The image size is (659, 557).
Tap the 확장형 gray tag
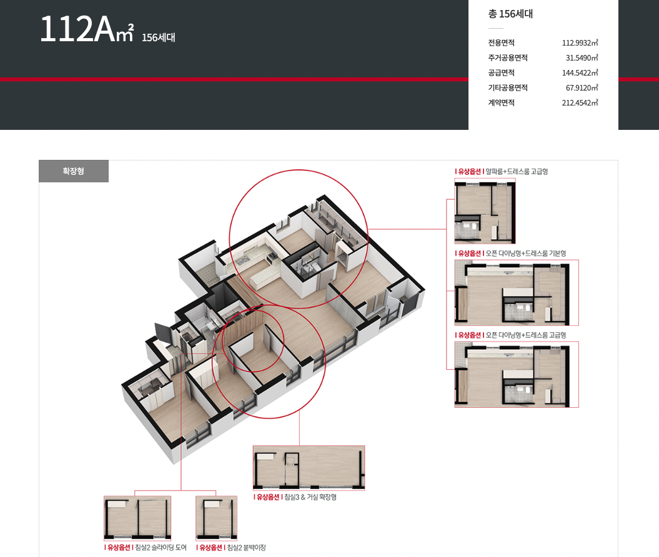pyautogui.click(x=74, y=171)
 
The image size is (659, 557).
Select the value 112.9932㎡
pyautogui.click(x=580, y=43)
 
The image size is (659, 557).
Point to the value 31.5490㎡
pyautogui.click(x=582, y=58)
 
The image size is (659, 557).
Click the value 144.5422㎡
pyautogui.click(x=580, y=72)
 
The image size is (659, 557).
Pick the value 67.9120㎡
pyautogui.click(x=582, y=88)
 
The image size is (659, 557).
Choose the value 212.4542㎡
pyautogui.click(x=580, y=103)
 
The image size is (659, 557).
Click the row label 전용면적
pyautogui.click(x=501, y=43)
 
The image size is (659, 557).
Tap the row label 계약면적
pyautogui.click(x=501, y=103)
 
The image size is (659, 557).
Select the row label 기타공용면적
pyautogui.click(x=508, y=88)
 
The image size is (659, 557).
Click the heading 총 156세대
pyautogui.click(x=510, y=14)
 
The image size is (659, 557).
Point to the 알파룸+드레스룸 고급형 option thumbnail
pyautogui.click(x=485, y=211)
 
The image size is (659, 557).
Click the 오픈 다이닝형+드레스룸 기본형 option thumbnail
pyautogui.click(x=517, y=293)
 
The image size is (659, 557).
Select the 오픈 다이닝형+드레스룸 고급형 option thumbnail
pyautogui.click(x=517, y=374)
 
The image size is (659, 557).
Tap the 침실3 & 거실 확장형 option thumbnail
pyautogui.click(x=309, y=468)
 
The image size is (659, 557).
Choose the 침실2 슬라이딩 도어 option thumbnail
pyautogui.click(x=137, y=518)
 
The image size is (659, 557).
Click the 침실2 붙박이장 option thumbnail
pyautogui.click(x=217, y=518)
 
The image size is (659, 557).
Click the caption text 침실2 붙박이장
pyautogui.click(x=246, y=548)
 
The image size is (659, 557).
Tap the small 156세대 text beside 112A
pyautogui.click(x=159, y=38)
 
